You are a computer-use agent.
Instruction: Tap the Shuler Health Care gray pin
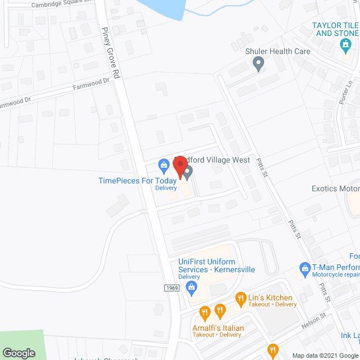click(x=259, y=64)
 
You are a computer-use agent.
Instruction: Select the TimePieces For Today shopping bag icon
click(x=164, y=165)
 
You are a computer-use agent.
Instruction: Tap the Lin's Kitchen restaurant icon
click(x=241, y=298)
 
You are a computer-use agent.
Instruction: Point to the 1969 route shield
click(x=172, y=288)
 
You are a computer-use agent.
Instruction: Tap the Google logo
click(x=18, y=353)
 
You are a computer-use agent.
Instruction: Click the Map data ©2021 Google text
click(x=321, y=355)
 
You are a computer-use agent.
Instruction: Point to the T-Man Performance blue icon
click(x=305, y=268)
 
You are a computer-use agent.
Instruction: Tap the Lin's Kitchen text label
click(x=272, y=298)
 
